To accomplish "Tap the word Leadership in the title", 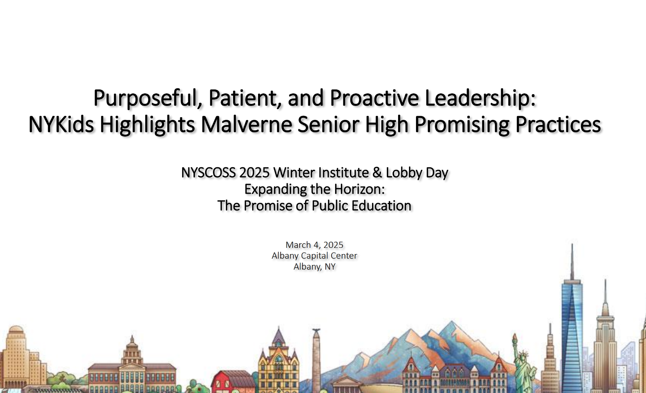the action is [x=480, y=98].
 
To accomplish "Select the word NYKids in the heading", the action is [x=61, y=125].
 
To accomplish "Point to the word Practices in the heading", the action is [x=558, y=125].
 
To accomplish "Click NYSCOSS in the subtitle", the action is [x=208, y=173].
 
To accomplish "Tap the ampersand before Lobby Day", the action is [x=377, y=173].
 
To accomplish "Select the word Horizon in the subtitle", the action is [x=359, y=189].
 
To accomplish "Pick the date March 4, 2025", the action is [x=314, y=245].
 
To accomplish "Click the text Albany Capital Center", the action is [x=314, y=256].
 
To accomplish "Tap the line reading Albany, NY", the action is [x=314, y=267].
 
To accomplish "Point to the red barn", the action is [x=232, y=382].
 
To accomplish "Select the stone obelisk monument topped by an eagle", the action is [x=316, y=360].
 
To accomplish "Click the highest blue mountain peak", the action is [x=452, y=323].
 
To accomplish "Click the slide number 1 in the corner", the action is [x=623, y=384].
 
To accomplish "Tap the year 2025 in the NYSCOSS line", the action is [x=255, y=173].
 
